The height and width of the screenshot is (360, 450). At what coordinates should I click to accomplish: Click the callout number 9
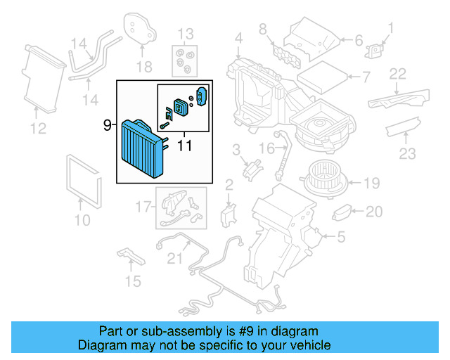coord(107,126)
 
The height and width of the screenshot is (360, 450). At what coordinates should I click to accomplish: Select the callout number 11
coord(184,147)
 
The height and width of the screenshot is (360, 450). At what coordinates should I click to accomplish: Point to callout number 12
coord(37,128)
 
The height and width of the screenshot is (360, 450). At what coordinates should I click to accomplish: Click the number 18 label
coord(143,66)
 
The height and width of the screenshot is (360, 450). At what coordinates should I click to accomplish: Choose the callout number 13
coord(185,34)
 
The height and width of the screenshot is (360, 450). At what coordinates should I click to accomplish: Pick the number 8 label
coord(262,29)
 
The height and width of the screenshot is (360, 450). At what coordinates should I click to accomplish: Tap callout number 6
coord(358,41)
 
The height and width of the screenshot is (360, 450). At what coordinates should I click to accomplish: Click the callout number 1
coord(391,29)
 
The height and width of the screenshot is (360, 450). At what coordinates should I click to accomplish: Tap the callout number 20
coord(374,212)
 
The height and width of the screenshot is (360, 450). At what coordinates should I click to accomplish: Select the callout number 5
coord(340,238)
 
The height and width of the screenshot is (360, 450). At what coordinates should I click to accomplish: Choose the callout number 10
coord(82,221)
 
